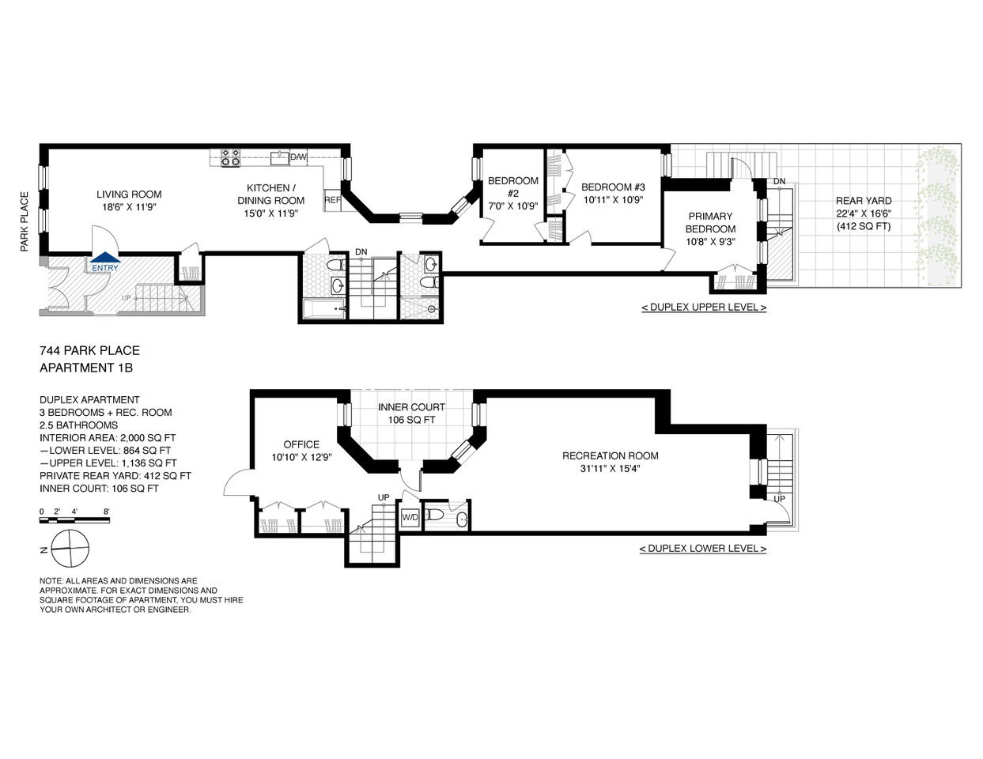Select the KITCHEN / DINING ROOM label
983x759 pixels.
coord(270,194)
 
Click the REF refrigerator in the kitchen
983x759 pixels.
coord(332,200)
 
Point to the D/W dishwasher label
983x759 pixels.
coord(298,157)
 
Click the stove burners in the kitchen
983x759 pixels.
coord(230,157)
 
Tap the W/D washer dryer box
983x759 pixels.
coord(410,518)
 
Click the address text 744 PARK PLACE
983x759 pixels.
coord(89,350)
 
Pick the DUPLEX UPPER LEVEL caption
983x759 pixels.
coord(703,308)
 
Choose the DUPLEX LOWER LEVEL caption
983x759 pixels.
coord(702,549)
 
